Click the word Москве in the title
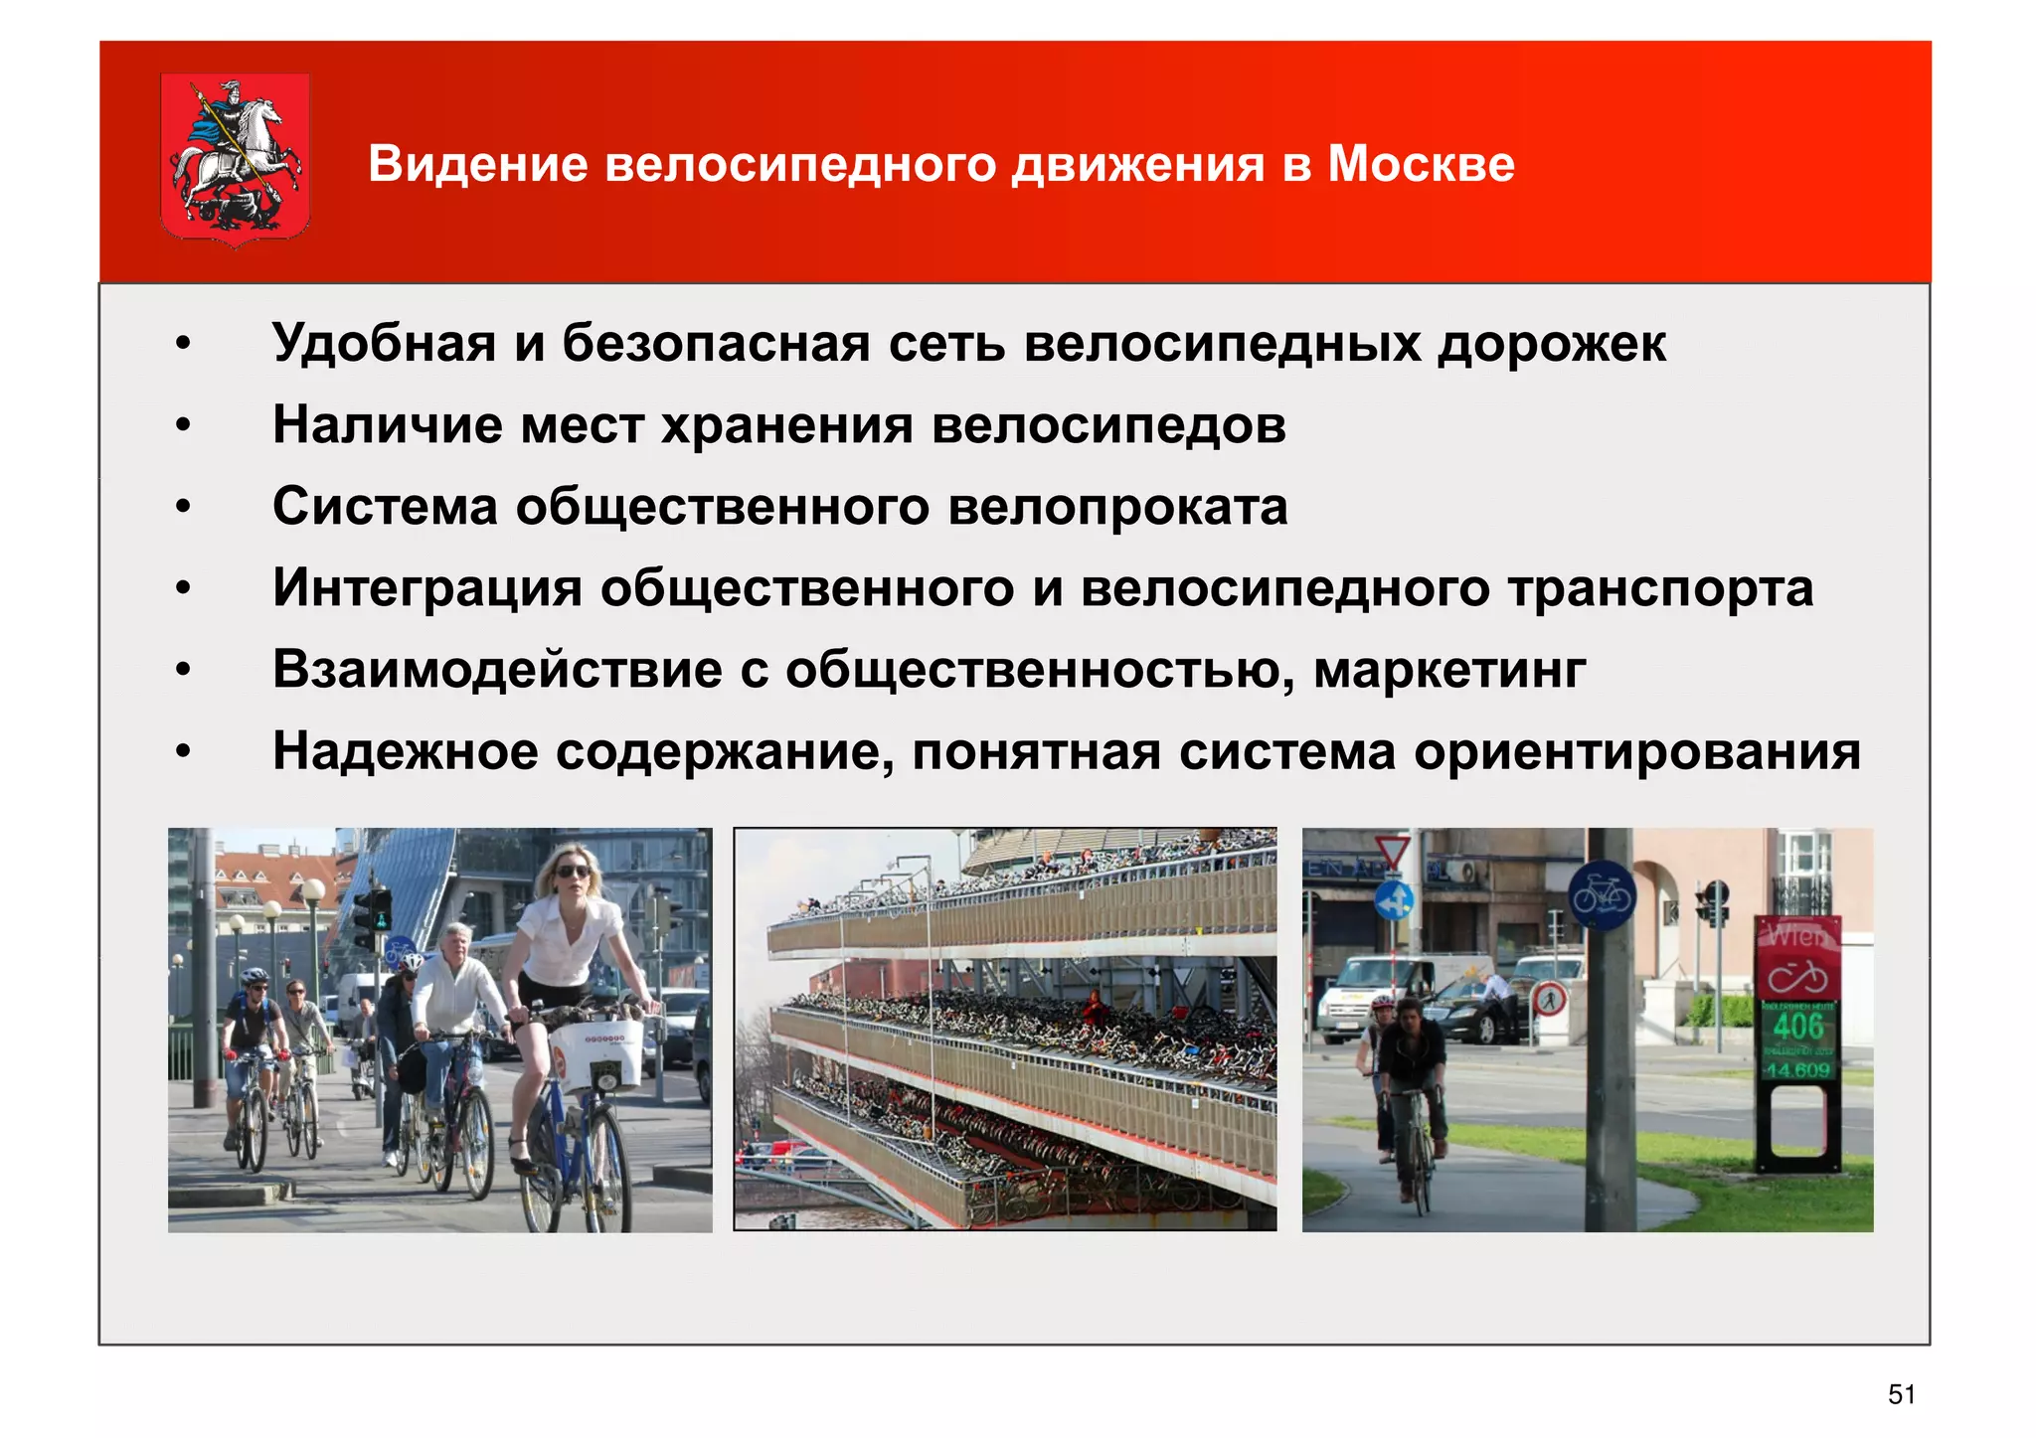pyautogui.click(x=1421, y=164)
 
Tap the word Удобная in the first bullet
pyautogui.click(x=384, y=344)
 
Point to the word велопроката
pyautogui.click(x=1117, y=507)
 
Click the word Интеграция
pyautogui.click(x=427, y=588)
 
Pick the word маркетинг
pyautogui.click(x=1449, y=670)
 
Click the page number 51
pyautogui.click(x=1901, y=1394)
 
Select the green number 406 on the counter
pyautogui.click(x=1798, y=1026)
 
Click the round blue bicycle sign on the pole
pyautogui.click(x=1602, y=894)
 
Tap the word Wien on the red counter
pyautogui.click(x=1797, y=935)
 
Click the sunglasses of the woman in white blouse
pyautogui.click(x=572, y=872)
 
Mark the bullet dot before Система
pyautogui.click(x=182, y=508)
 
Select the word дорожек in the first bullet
pyautogui.click(x=1552, y=344)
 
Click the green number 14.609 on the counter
pyautogui.click(x=1797, y=1070)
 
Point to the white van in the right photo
pyautogui.click(x=1402, y=994)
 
